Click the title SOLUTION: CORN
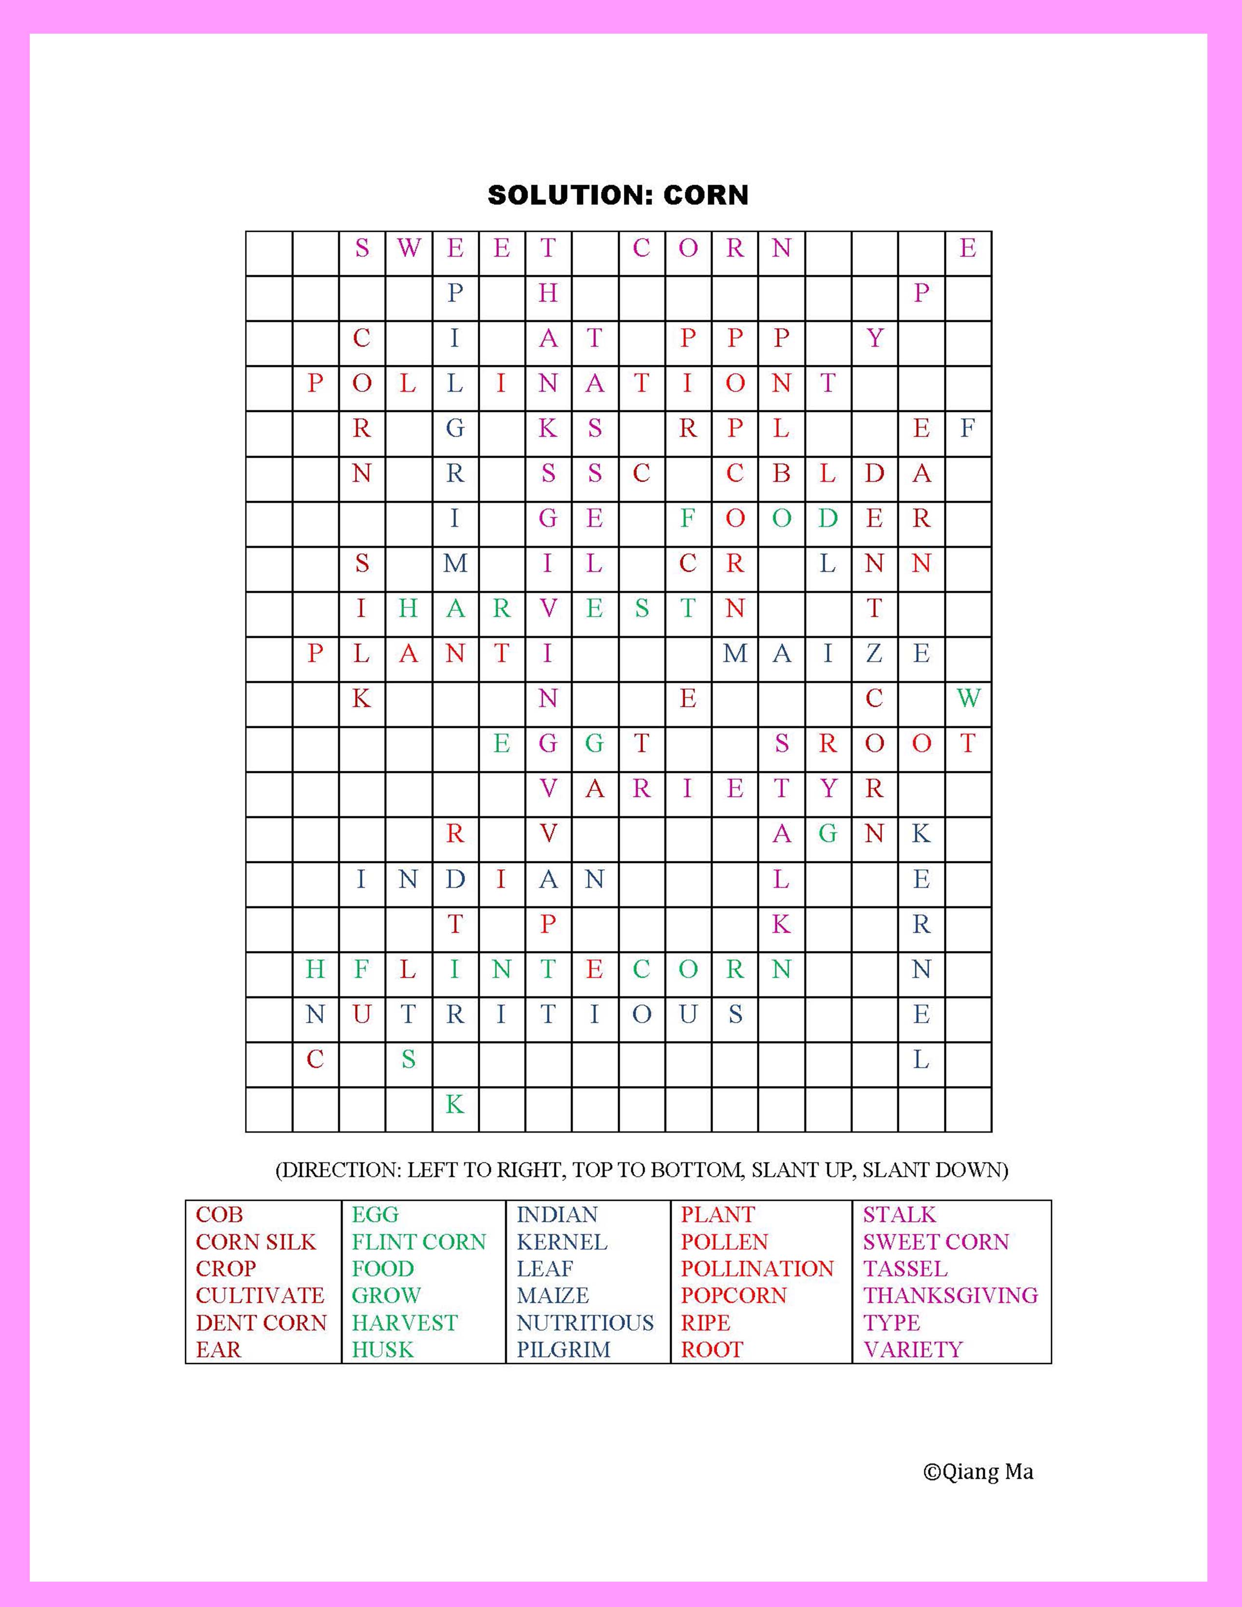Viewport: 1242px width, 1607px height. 618,195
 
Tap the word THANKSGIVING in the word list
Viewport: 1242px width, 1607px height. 950,1295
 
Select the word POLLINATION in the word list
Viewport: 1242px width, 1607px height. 756,1269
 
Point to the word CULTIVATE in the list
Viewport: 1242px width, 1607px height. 260,1295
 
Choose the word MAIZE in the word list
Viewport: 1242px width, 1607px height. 553,1295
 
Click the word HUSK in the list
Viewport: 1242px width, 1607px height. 383,1349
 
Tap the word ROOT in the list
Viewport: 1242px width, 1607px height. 712,1349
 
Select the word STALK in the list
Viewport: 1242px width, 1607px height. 899,1215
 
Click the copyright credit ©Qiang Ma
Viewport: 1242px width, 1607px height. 978,1472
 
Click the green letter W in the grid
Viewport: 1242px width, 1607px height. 968,697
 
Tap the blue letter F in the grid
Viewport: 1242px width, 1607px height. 968,428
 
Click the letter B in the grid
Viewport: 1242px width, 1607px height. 781,473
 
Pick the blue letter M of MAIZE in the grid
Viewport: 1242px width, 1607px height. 734,653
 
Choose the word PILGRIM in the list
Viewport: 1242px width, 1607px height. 563,1349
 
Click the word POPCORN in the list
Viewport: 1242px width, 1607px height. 734,1295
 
